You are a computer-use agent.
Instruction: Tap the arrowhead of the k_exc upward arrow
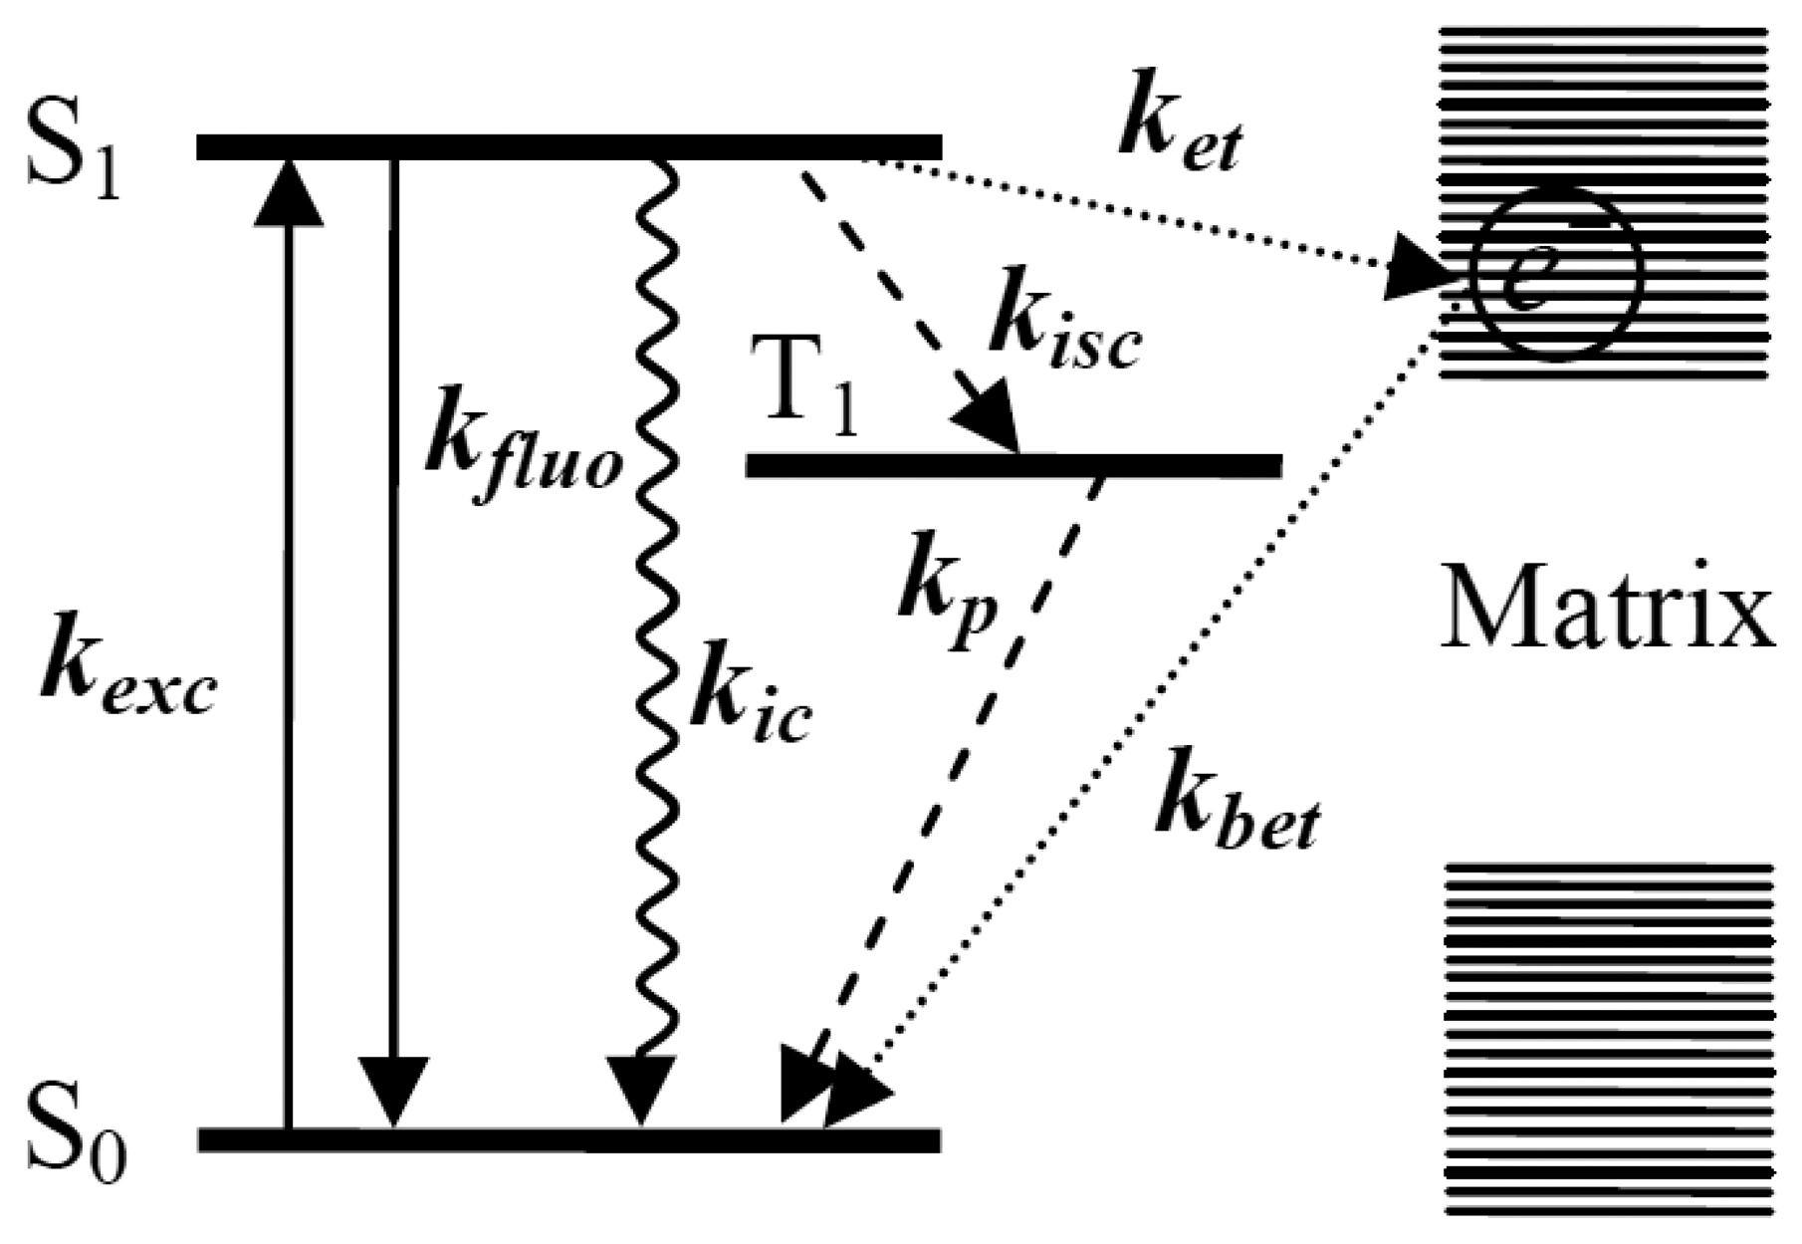click(288, 193)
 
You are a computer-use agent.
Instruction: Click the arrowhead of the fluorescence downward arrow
click(394, 1092)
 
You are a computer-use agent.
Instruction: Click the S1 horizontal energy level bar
click(568, 146)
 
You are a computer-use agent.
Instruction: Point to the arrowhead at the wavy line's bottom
click(642, 1092)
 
